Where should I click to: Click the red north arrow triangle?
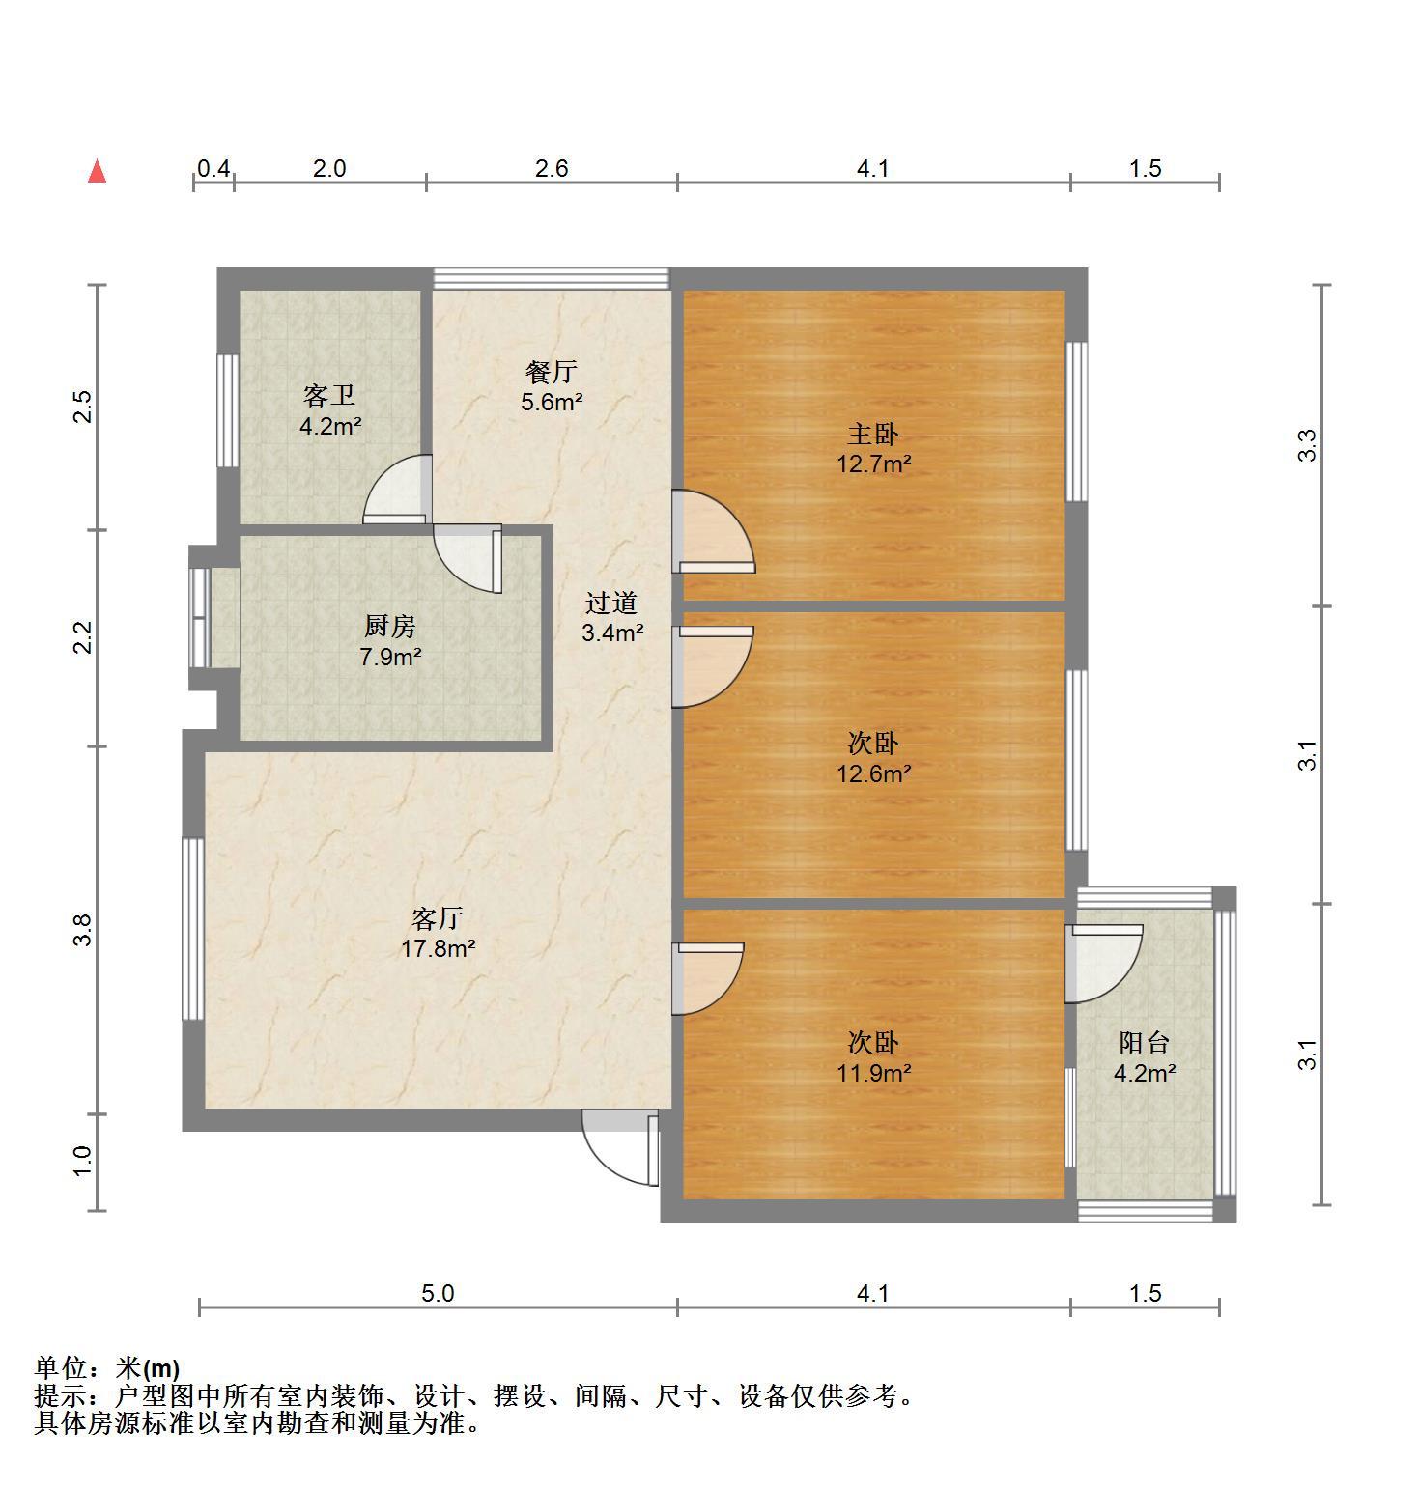(97, 171)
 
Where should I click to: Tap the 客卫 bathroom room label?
(329, 395)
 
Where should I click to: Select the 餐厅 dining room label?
(552, 371)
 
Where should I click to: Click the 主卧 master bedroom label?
(873, 434)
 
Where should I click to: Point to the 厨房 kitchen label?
(390, 627)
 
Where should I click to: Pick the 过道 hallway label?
(611, 604)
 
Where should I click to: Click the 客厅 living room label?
(438, 917)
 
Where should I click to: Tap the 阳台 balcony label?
(1145, 1043)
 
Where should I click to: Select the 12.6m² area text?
(873, 773)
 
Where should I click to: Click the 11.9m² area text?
(873, 1073)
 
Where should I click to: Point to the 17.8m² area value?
(438, 948)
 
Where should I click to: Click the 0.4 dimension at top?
(213, 169)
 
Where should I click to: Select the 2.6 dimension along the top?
(552, 169)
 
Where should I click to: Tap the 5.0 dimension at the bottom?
(438, 1293)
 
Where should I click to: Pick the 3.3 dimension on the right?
(1307, 445)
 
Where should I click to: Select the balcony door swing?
(1104, 964)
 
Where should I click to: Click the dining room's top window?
(551, 278)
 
